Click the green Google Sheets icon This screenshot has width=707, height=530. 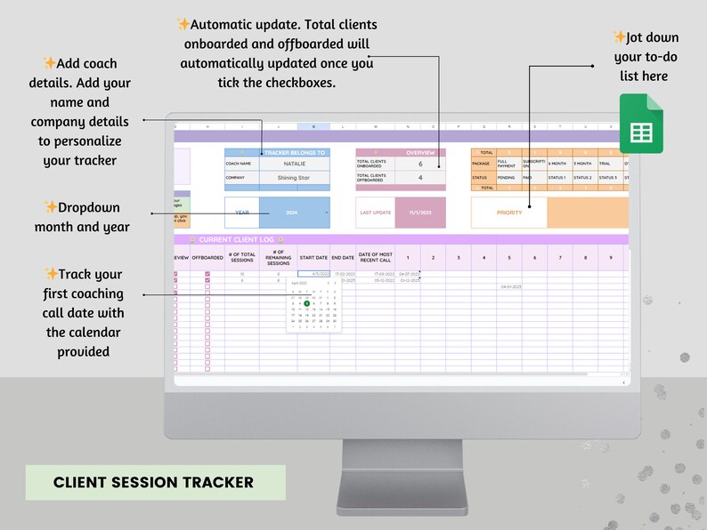[x=641, y=124]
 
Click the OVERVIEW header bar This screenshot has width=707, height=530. [x=400, y=153]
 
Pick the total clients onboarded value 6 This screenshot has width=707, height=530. [x=420, y=165]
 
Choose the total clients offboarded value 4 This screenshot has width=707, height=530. [x=420, y=177]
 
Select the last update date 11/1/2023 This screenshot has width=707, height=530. [x=420, y=213]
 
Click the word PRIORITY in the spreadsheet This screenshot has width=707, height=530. [x=509, y=213]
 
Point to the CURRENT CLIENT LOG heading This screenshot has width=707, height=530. [x=236, y=240]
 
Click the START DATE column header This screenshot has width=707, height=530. [x=313, y=258]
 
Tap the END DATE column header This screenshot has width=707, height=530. [x=343, y=258]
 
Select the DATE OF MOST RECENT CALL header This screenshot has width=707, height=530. [x=375, y=258]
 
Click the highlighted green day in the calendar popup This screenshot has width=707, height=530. [x=307, y=303]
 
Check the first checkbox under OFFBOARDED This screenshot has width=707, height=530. [x=207, y=274]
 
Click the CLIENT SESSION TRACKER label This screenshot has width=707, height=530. [x=153, y=483]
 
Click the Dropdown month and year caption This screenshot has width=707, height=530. [x=83, y=217]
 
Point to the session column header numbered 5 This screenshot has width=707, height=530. [x=509, y=258]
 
